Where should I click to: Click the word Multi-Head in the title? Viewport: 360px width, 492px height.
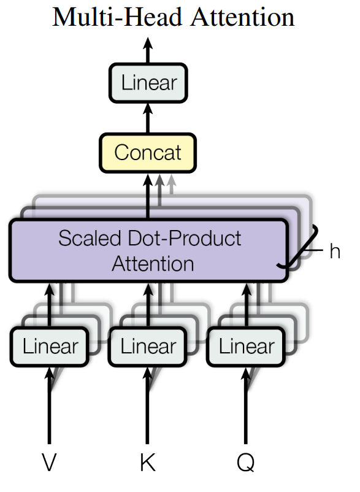pyautogui.click(x=117, y=17)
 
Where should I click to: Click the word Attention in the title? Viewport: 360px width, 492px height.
pyautogui.click(x=243, y=17)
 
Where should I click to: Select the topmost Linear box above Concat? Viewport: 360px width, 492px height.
pyautogui.click(x=148, y=83)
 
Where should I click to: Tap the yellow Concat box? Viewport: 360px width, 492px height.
pyautogui.click(x=148, y=153)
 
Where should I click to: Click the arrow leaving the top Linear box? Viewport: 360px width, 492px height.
pyautogui.click(x=148, y=50)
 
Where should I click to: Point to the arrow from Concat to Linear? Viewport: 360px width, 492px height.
pyautogui.click(x=148, y=118)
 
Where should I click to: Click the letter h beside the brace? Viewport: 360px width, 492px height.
pyautogui.click(x=335, y=252)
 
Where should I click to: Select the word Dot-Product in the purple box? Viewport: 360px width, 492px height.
pyautogui.click(x=185, y=238)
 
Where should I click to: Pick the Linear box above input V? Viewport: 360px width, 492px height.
pyautogui.click(x=49, y=347)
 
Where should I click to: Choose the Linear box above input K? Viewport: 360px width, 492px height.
pyautogui.click(x=148, y=347)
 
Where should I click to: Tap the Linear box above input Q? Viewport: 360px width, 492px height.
pyautogui.click(x=246, y=347)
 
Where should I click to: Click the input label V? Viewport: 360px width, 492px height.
pyautogui.click(x=49, y=462)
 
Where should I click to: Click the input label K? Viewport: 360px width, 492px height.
pyautogui.click(x=148, y=462)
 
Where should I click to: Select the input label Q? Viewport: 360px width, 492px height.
pyautogui.click(x=246, y=463)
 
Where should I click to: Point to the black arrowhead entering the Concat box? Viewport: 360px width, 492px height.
pyautogui.click(x=148, y=180)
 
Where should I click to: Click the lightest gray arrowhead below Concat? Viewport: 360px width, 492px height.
pyautogui.click(x=171, y=180)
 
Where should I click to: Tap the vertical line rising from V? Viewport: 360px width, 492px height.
pyautogui.click(x=49, y=406)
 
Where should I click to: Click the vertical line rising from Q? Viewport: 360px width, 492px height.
pyautogui.click(x=246, y=406)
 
